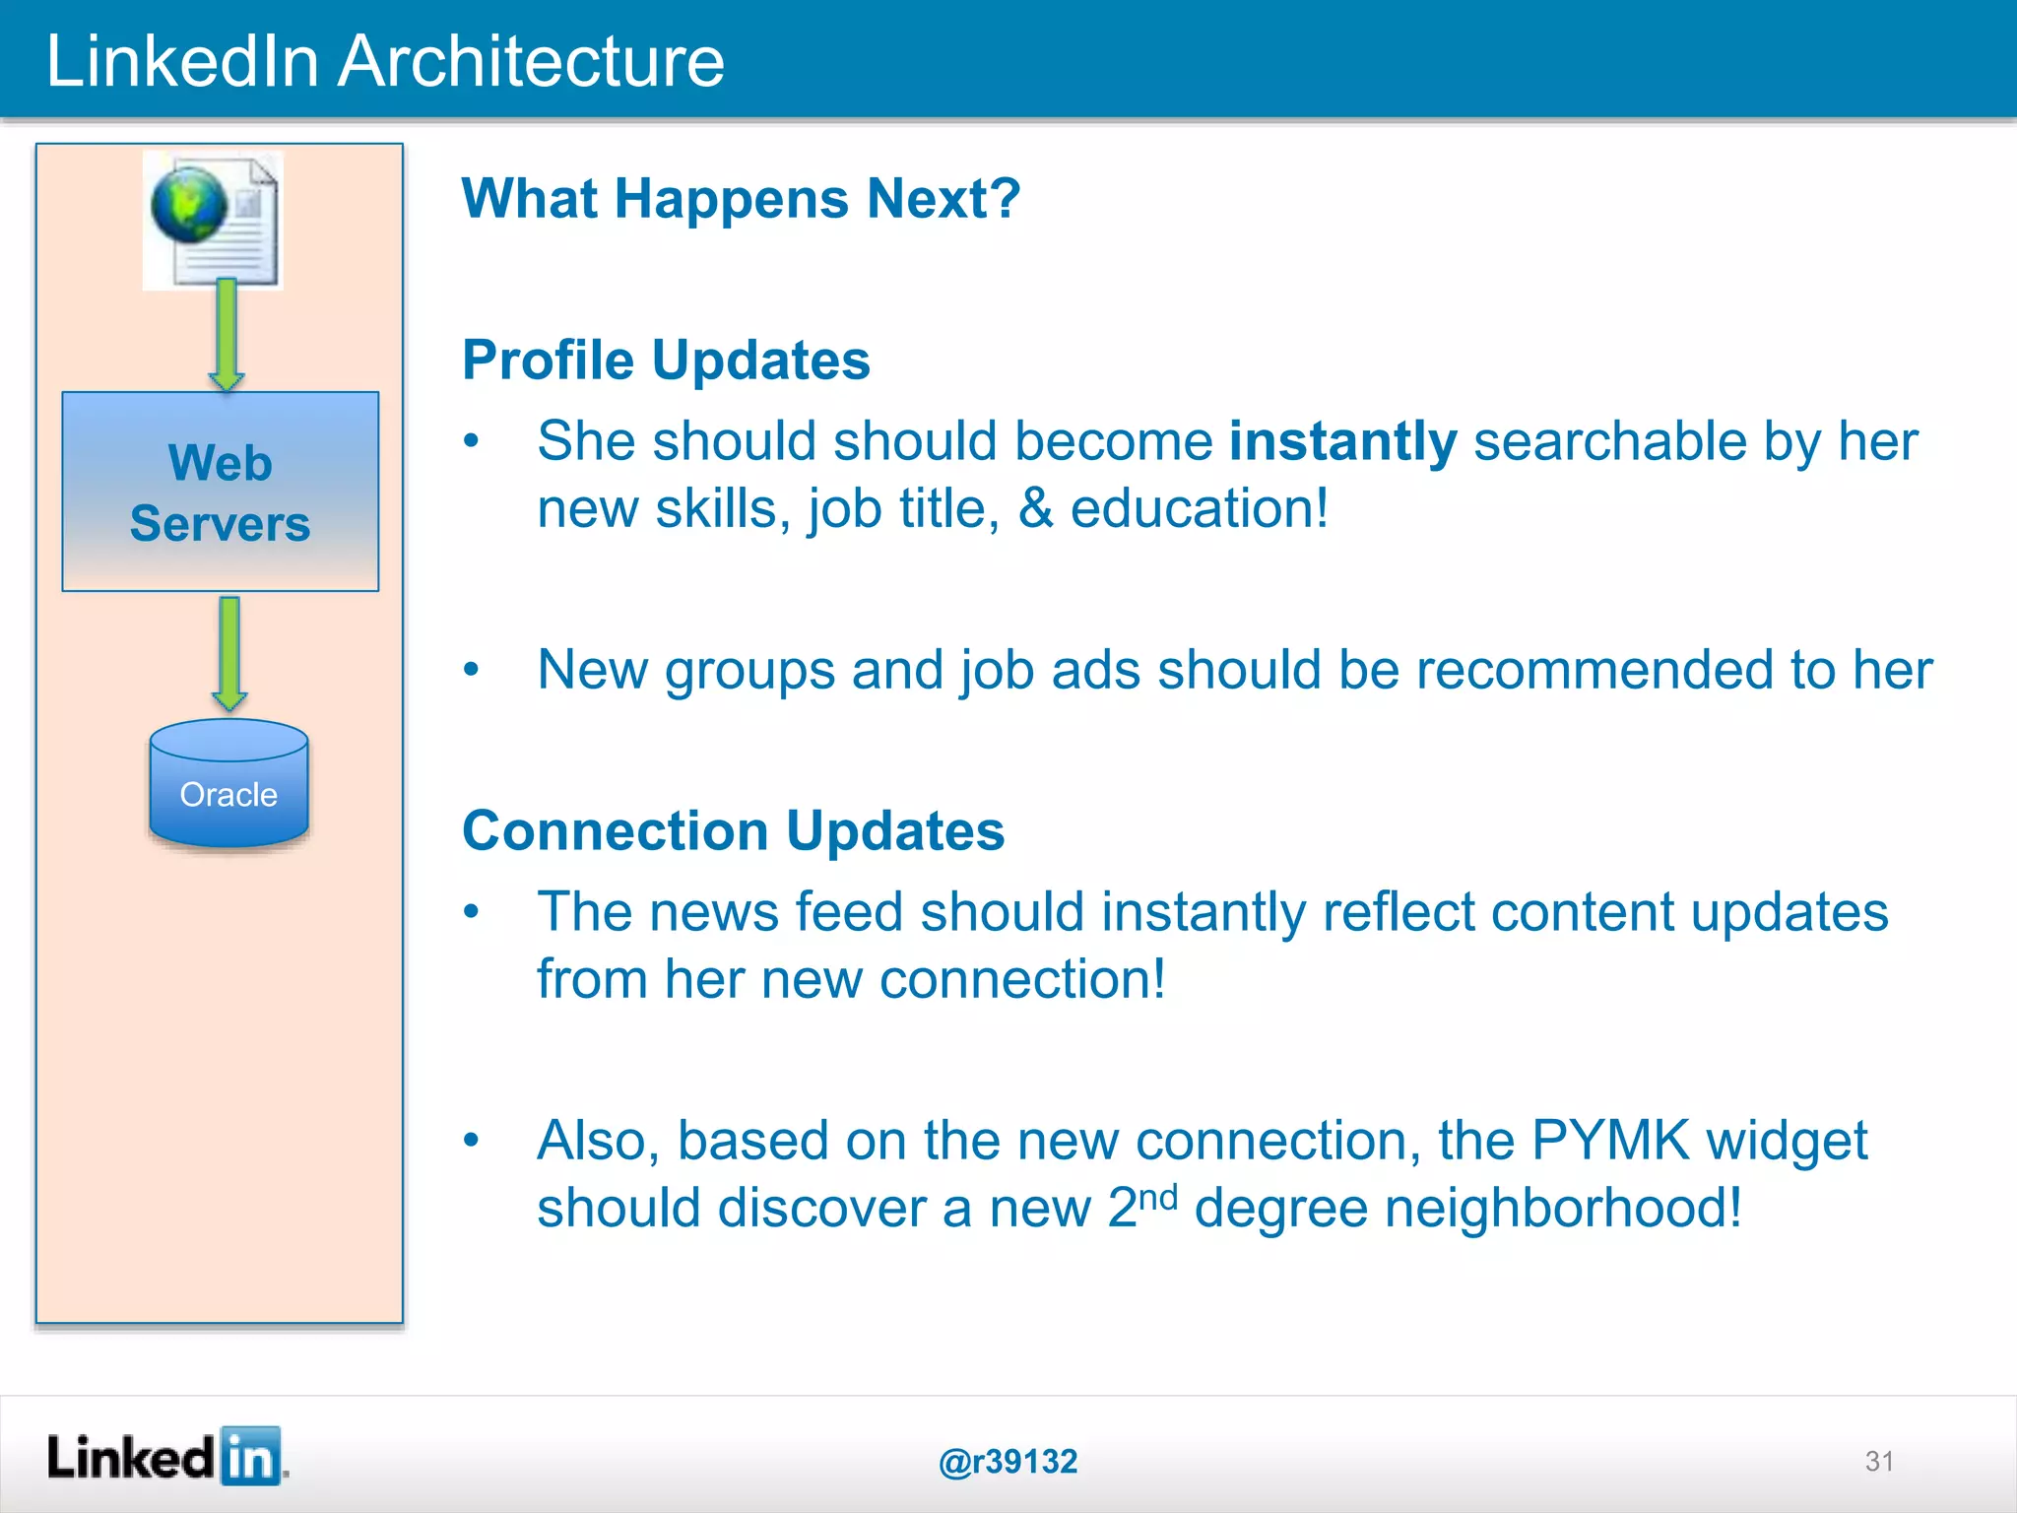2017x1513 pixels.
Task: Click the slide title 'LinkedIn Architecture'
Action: [x=385, y=61]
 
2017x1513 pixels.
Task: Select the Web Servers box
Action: [x=220, y=492]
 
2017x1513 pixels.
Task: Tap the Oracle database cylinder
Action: [x=228, y=786]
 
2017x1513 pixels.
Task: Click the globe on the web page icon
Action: [x=188, y=205]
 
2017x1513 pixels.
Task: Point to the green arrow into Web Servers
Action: [x=227, y=334]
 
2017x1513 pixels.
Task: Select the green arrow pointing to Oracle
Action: [x=229, y=653]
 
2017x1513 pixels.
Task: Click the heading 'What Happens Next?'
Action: [x=741, y=198]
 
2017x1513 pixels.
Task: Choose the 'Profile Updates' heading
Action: [x=666, y=360]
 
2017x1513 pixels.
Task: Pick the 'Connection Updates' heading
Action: [x=733, y=830]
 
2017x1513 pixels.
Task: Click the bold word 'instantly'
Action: [x=1342, y=441]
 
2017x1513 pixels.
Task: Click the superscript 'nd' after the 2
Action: [x=1158, y=1198]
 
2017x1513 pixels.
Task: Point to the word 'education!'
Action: [x=1199, y=509]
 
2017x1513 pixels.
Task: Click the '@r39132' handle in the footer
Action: [x=1008, y=1461]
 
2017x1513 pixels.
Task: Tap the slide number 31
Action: [x=1878, y=1461]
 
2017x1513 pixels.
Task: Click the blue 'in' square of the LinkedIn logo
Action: [x=250, y=1456]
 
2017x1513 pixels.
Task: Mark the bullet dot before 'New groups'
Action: [x=472, y=670]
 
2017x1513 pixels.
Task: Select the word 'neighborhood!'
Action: [x=1563, y=1208]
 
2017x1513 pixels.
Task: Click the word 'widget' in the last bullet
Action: [x=1787, y=1141]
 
